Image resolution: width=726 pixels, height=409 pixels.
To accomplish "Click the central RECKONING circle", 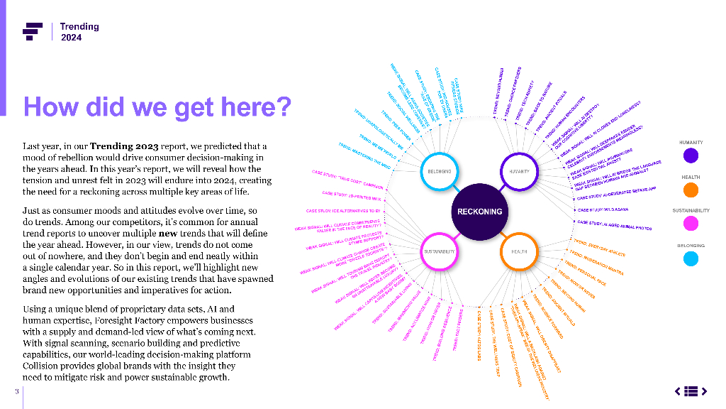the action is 480,211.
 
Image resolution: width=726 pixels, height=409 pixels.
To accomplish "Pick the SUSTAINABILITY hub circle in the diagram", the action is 440,251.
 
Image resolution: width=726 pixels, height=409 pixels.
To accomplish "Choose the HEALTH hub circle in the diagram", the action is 520,251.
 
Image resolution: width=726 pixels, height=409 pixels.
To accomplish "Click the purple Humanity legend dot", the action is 691,155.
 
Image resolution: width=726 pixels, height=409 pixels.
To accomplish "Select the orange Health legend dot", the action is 691,190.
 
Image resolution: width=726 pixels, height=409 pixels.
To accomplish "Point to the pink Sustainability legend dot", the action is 691,224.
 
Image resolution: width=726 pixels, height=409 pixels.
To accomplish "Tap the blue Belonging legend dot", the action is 691,258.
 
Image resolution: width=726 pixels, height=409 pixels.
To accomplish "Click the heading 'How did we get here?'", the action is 157,107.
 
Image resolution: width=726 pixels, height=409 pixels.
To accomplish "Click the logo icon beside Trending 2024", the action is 33,31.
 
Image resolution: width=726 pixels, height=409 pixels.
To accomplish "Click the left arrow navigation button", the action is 678,391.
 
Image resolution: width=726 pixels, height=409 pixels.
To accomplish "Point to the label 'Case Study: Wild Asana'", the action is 604,210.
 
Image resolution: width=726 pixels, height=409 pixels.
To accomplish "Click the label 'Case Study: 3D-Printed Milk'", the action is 352,195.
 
